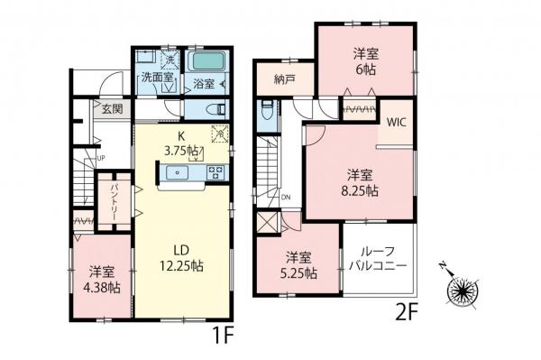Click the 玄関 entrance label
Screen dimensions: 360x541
[x=112, y=109]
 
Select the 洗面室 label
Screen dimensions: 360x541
[x=156, y=79]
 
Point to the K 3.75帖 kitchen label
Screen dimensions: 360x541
[x=180, y=143]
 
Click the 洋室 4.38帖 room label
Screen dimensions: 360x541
[x=102, y=280]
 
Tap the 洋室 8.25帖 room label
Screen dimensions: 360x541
[x=358, y=182]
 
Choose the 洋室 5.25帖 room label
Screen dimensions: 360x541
[x=297, y=264]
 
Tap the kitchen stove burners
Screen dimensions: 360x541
[x=215, y=172]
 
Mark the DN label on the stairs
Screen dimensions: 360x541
[x=284, y=196]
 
